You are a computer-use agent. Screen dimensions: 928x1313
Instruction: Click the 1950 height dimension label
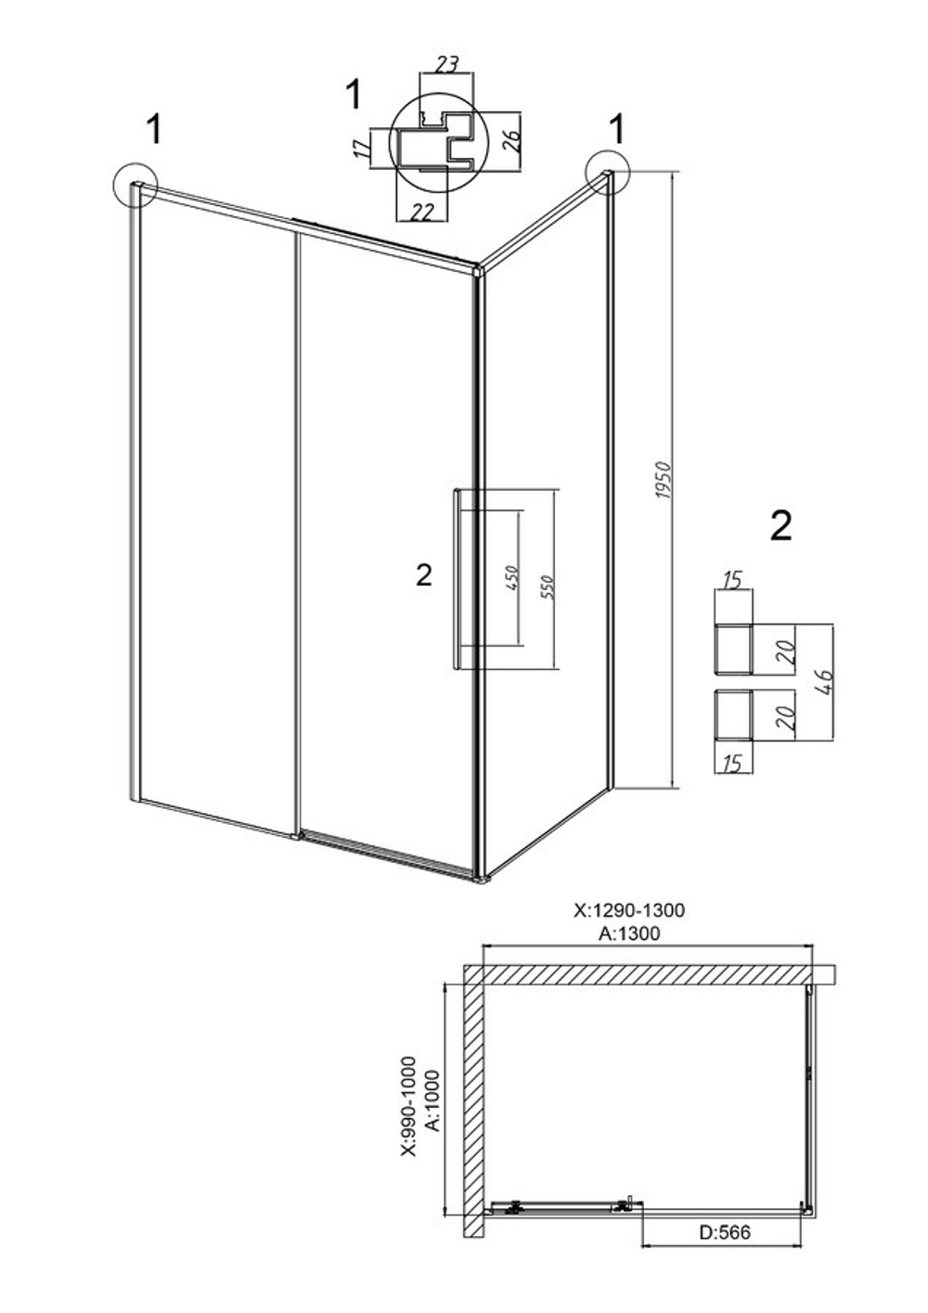(x=663, y=481)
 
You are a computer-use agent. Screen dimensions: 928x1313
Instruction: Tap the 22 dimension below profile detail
(x=420, y=212)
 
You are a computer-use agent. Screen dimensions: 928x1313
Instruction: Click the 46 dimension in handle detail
(x=824, y=683)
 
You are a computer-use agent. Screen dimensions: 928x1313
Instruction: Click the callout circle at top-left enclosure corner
(x=135, y=184)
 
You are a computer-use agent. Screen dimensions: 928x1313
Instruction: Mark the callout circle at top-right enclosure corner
(x=607, y=171)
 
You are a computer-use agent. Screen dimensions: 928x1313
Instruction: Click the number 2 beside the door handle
(x=424, y=574)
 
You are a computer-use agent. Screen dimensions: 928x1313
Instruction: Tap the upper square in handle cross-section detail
(x=733, y=649)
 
